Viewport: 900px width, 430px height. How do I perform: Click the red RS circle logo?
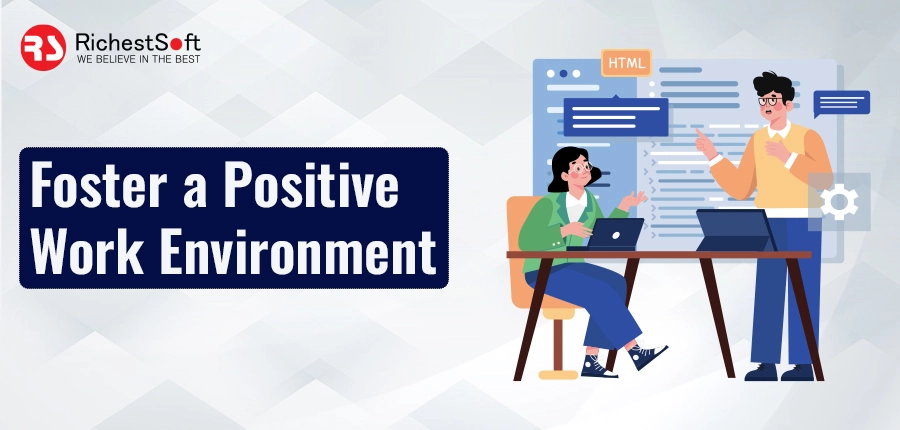(x=43, y=48)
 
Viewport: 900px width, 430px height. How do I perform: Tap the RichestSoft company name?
(x=138, y=42)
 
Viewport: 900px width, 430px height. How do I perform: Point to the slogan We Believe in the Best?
(x=138, y=59)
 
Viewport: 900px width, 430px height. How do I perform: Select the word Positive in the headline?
(x=311, y=185)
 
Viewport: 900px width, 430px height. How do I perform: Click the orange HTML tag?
(x=626, y=63)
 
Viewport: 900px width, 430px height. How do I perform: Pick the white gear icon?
(x=839, y=201)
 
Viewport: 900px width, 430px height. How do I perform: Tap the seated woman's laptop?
(x=611, y=234)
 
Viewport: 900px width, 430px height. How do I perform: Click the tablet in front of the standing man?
(x=735, y=230)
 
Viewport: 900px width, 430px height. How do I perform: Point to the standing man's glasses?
(x=769, y=102)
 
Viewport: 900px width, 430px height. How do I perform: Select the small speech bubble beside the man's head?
(x=841, y=103)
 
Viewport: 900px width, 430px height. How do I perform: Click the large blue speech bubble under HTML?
(x=616, y=117)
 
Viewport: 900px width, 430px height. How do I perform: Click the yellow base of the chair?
(x=558, y=374)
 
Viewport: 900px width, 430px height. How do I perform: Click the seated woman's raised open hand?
(x=634, y=200)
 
